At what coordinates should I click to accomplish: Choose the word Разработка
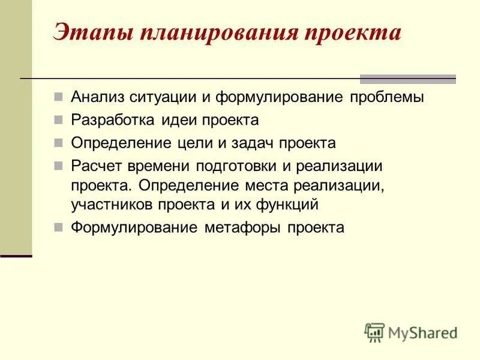tap(113, 120)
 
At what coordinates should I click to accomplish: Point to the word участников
tap(112, 205)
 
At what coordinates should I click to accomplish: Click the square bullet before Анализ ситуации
tap(58, 97)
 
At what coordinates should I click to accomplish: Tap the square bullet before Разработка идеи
tap(58, 120)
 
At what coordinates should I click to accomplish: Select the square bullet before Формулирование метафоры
tap(58, 227)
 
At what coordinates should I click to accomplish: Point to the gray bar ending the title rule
tap(407, 79)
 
